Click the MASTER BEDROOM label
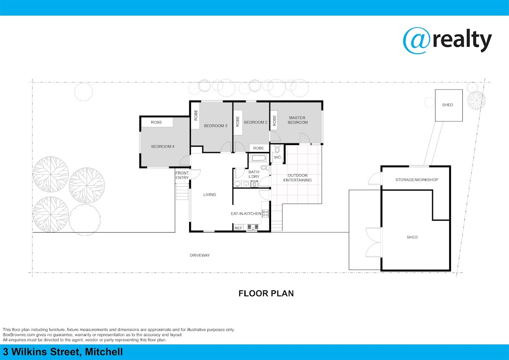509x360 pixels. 298,120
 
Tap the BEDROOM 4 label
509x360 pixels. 163,146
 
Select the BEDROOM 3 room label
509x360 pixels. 215,126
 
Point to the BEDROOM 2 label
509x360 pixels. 256,122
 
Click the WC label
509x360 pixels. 277,157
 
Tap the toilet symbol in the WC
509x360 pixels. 277,149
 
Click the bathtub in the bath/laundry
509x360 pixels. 258,157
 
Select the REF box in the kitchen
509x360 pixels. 238,228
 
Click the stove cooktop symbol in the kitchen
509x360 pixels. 266,213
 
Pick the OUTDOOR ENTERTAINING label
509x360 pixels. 297,178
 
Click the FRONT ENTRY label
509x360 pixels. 182,175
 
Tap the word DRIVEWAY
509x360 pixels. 200,256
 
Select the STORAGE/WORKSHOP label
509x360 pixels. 417,180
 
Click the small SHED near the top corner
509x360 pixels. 449,105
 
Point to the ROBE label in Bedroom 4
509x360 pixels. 157,122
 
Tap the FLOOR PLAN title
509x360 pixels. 266,293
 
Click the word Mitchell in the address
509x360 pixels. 104,352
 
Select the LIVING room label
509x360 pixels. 210,195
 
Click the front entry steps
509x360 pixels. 182,192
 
